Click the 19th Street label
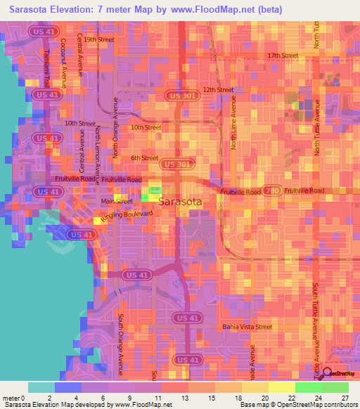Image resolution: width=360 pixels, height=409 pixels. pyautogui.click(x=98, y=40)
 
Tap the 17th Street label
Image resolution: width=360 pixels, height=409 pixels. pyautogui.click(x=283, y=56)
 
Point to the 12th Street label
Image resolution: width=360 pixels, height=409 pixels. pyautogui.click(x=218, y=90)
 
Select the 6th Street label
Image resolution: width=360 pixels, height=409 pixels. pyautogui.click(x=144, y=158)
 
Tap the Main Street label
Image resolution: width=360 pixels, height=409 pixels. pyautogui.click(x=117, y=201)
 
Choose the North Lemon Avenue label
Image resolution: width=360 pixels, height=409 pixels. pyautogui.click(x=98, y=148)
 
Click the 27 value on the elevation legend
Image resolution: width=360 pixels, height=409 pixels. pyautogui.click(x=345, y=398)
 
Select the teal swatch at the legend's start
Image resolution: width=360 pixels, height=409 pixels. pyautogui.click(x=41, y=387)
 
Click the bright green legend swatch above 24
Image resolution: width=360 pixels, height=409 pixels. pyautogui.click(x=308, y=387)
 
